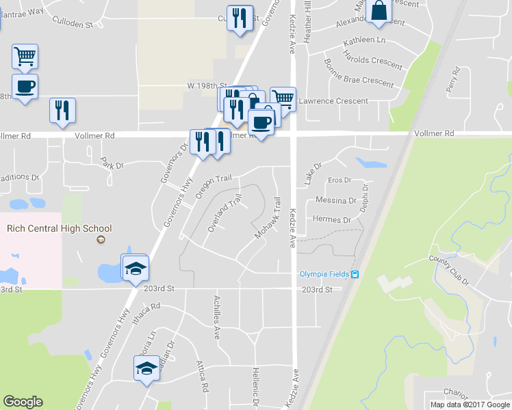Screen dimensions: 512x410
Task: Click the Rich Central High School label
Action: click(59, 228)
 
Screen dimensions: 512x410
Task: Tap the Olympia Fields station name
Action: click(324, 275)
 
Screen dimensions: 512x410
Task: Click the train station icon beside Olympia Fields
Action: click(355, 275)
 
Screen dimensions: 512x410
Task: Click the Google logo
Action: click(23, 402)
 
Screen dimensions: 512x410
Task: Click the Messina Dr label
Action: click(335, 200)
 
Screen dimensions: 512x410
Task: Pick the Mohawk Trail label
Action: click(268, 218)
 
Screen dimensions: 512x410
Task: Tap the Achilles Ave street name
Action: click(217, 323)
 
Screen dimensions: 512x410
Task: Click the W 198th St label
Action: click(207, 86)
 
